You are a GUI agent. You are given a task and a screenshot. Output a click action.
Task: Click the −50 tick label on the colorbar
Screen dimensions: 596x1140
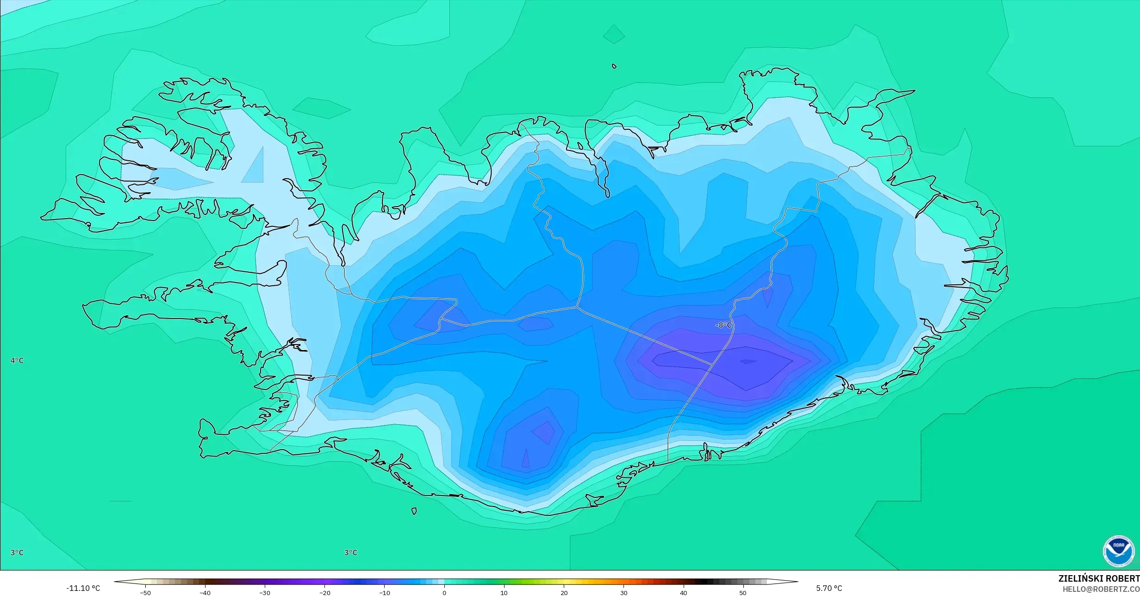pyautogui.click(x=145, y=593)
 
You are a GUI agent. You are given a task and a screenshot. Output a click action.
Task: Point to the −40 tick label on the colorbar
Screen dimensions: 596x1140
pyautogui.click(x=205, y=593)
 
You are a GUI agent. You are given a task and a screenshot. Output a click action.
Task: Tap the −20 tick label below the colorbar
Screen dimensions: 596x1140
pyautogui.click(x=324, y=593)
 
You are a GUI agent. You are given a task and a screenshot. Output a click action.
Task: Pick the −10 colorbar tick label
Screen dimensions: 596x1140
pyautogui.click(x=384, y=593)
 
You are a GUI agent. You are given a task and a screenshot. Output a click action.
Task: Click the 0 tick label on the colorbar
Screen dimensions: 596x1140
pyautogui.click(x=444, y=593)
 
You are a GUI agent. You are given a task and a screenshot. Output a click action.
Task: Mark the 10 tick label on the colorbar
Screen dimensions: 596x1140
pyautogui.click(x=504, y=593)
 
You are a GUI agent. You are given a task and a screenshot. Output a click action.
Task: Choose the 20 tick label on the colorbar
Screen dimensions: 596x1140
pyautogui.click(x=564, y=593)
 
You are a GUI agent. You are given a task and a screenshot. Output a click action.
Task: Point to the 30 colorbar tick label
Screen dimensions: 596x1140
pyautogui.click(x=623, y=593)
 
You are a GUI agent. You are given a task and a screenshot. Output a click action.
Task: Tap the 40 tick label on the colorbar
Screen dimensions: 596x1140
pyautogui.click(x=683, y=593)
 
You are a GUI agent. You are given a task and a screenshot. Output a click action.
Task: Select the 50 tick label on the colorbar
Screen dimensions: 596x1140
pyautogui.click(x=743, y=593)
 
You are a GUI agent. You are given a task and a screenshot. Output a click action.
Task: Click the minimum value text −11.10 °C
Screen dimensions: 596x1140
pyautogui.click(x=83, y=589)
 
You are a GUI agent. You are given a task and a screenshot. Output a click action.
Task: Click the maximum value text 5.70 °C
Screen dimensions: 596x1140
pyautogui.click(x=829, y=589)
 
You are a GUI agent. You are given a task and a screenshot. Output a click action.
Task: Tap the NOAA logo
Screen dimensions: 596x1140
pyautogui.click(x=1118, y=551)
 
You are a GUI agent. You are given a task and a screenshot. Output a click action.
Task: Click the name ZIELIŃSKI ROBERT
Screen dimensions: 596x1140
pyautogui.click(x=1099, y=578)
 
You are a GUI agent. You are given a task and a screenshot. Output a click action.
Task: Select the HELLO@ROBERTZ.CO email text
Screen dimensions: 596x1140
pyautogui.click(x=1101, y=589)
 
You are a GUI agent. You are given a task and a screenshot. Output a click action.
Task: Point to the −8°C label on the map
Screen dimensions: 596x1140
pyautogui.click(x=723, y=326)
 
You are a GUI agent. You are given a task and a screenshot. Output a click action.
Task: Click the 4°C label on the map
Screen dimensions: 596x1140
pyautogui.click(x=17, y=361)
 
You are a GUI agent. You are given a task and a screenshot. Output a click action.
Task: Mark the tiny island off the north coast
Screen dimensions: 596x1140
pyautogui.click(x=614, y=66)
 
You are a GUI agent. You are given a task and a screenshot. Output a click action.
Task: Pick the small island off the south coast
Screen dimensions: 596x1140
pyautogui.click(x=414, y=511)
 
